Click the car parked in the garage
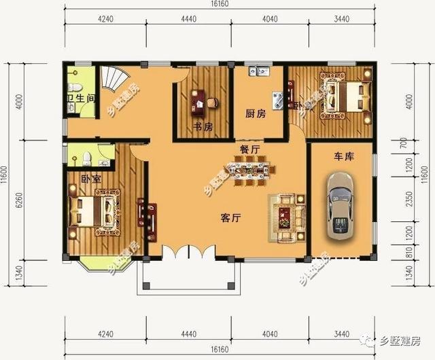tap(340, 204)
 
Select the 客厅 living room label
tap(232, 218)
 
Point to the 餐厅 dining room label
tap(249, 149)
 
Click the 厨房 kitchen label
tap(255, 113)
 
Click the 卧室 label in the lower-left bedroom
tap(90, 179)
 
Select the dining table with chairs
tap(245, 170)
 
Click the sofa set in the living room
tap(286, 217)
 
